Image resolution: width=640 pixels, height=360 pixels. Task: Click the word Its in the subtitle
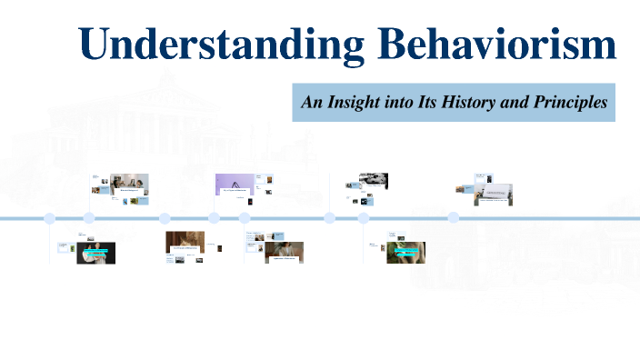tap(427, 103)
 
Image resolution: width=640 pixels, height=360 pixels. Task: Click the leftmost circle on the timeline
tap(50, 218)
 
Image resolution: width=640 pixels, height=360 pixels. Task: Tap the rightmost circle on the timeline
tap(453, 218)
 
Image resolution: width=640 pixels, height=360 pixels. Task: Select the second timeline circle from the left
tap(89, 218)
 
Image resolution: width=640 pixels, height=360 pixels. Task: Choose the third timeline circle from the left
tap(165, 218)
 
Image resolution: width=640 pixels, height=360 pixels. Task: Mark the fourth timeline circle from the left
tap(214, 218)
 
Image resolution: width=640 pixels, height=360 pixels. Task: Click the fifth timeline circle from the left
tap(245, 218)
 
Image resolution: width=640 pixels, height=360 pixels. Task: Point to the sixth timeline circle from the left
tap(329, 218)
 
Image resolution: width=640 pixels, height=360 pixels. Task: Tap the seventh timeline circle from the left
tap(363, 218)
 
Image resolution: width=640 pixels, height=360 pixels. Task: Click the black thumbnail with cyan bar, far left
tap(95, 253)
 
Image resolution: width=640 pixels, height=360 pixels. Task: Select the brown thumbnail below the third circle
tap(185, 243)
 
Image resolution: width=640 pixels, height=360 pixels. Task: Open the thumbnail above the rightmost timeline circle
tap(495, 194)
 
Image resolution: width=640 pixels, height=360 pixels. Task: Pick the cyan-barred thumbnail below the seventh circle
tap(406, 252)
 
